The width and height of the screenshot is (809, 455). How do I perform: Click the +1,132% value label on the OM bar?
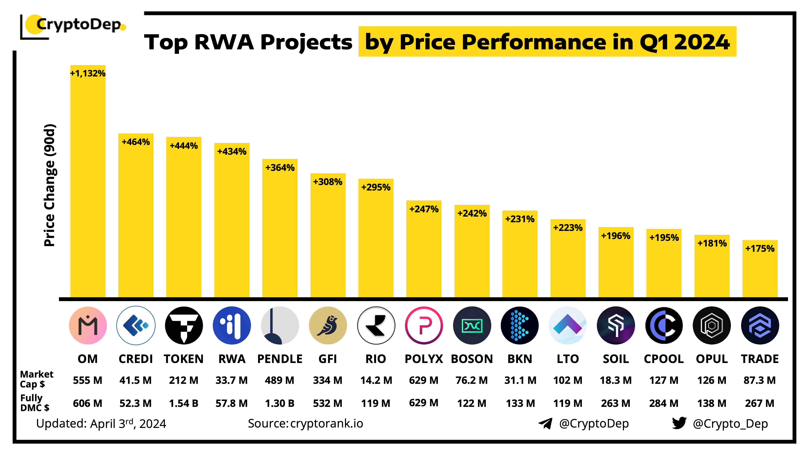[x=88, y=73]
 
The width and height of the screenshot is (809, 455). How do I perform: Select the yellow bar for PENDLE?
[x=280, y=232]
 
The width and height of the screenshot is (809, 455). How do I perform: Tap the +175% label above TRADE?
[x=760, y=249]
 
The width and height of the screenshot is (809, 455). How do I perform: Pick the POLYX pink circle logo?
[x=424, y=325]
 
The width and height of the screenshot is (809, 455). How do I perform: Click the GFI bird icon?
[x=328, y=325]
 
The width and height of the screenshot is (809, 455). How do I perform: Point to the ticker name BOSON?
[x=472, y=359]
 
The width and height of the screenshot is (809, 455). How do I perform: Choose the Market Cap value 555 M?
[x=88, y=380]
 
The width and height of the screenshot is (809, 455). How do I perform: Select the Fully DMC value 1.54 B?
[x=184, y=403]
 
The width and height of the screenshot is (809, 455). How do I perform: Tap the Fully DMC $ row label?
[x=35, y=403]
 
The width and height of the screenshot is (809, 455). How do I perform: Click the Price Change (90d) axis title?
[x=50, y=185]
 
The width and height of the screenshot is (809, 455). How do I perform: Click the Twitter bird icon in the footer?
[x=679, y=423]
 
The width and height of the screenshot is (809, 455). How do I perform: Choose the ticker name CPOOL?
[x=664, y=359]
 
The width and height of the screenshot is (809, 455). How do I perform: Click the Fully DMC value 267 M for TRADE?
[x=760, y=403]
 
